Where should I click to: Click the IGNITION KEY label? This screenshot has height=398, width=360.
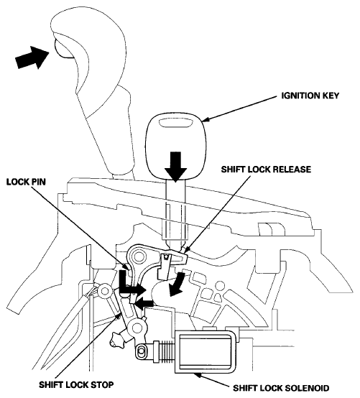[310, 96]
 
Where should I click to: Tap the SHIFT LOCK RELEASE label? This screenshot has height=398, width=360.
[266, 170]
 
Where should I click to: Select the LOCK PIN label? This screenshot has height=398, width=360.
[26, 182]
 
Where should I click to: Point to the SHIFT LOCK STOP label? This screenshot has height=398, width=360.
[76, 384]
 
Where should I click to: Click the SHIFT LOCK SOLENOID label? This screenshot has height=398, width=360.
[281, 388]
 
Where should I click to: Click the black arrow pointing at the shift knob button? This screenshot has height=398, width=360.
[32, 57]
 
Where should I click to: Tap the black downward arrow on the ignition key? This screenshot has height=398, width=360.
[175, 167]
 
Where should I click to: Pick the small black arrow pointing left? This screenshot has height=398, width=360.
[144, 302]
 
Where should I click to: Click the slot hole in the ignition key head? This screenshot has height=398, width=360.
[175, 123]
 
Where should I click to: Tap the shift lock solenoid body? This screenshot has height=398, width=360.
[205, 352]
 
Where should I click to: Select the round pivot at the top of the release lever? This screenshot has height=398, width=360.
[139, 257]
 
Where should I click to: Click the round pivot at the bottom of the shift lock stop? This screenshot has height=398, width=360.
[137, 327]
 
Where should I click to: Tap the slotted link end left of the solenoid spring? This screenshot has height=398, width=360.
[142, 352]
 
